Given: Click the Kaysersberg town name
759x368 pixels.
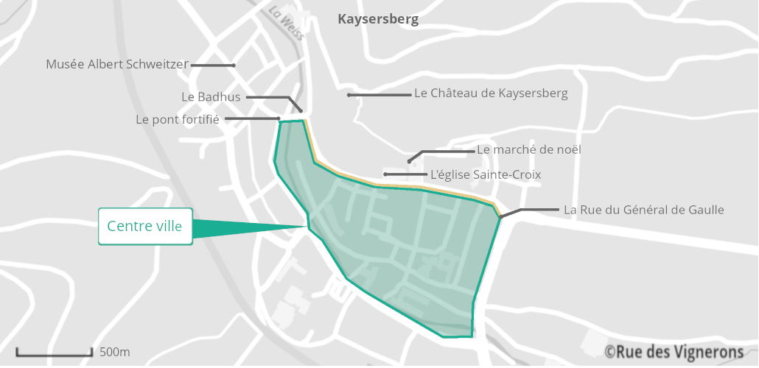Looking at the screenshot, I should [378, 19].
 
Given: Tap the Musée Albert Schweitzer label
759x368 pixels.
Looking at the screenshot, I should [117, 65].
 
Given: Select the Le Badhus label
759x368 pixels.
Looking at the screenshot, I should [211, 96].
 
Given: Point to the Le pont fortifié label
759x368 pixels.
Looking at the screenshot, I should [178, 119].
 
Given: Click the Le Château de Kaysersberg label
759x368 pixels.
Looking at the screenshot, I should [491, 93].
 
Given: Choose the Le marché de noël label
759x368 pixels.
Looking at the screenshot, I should [529, 149].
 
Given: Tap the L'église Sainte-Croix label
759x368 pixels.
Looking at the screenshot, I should [486, 174].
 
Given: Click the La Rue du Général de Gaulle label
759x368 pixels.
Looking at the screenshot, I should [643, 210].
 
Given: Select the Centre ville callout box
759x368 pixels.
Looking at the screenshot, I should [145, 226].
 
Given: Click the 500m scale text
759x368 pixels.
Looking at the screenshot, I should [115, 352].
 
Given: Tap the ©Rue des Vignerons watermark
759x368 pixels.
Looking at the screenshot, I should [674, 351].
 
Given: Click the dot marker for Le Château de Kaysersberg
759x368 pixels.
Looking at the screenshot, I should [349, 95].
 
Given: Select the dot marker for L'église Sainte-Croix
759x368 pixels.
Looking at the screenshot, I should [385, 174].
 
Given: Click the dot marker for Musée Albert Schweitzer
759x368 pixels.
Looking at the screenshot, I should [234, 66].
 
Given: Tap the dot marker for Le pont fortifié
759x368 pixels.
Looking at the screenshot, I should [279, 118].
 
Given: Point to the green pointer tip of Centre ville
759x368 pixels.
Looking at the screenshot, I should [306, 227].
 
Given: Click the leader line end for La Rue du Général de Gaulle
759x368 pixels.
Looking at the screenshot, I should [500, 217].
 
